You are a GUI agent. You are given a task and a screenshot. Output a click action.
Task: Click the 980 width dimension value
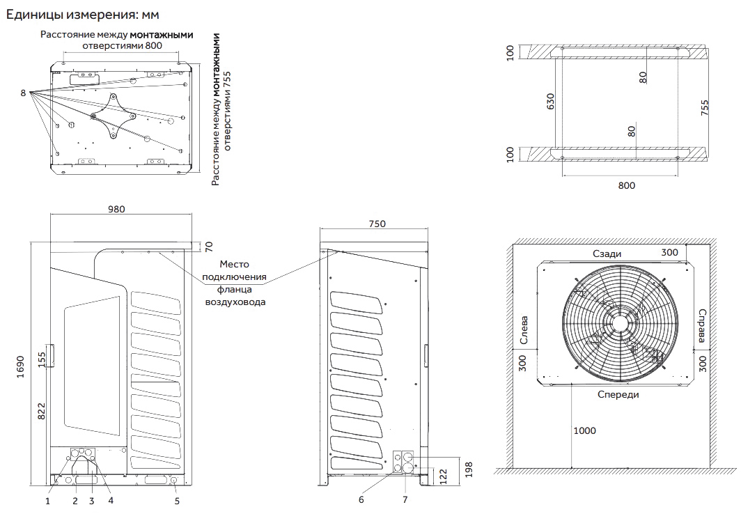(120, 208)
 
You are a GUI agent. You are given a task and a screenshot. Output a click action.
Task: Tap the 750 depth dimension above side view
(376, 224)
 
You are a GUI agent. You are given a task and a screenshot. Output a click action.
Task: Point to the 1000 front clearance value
(584, 430)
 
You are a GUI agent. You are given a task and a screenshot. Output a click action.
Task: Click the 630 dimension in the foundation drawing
(551, 102)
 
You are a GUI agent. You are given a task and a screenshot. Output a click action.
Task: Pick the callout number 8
(23, 93)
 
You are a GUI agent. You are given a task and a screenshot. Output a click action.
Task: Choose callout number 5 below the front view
(177, 499)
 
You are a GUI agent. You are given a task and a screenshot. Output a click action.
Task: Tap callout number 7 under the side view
(405, 499)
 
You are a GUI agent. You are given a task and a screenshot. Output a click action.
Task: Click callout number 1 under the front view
(48, 499)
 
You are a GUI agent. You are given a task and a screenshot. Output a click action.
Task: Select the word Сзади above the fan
(607, 254)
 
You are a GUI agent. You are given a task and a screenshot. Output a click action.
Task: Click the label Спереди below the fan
(618, 394)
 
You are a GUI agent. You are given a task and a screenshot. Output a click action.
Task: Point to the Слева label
(524, 331)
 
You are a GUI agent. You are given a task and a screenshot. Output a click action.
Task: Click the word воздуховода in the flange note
(235, 302)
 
